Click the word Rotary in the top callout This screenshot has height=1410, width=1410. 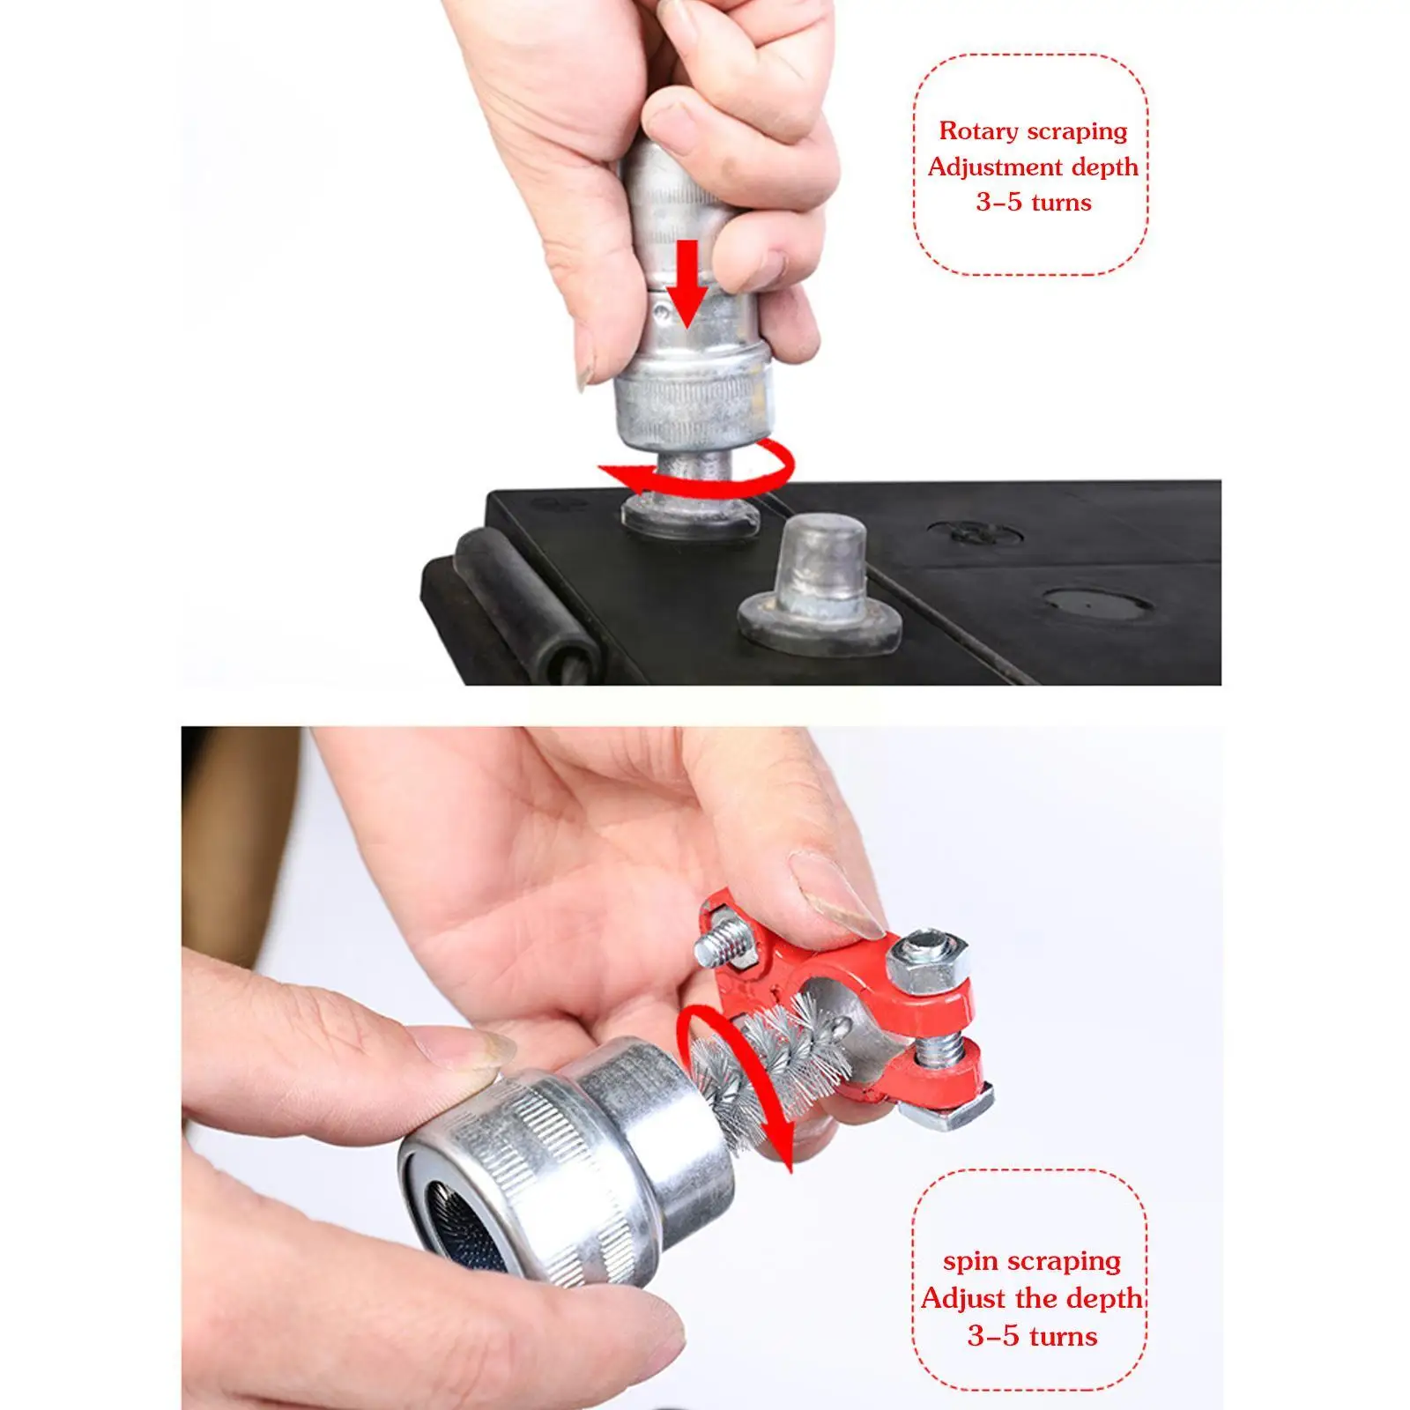pyautogui.click(x=977, y=131)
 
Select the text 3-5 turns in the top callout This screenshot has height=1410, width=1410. pyautogui.click(x=1033, y=203)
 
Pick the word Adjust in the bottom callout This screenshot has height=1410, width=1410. pyautogui.click(x=962, y=1298)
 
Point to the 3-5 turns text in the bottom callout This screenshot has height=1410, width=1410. pyautogui.click(x=1032, y=1336)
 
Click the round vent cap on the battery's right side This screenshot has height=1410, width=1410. pyautogui.click(x=1097, y=605)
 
